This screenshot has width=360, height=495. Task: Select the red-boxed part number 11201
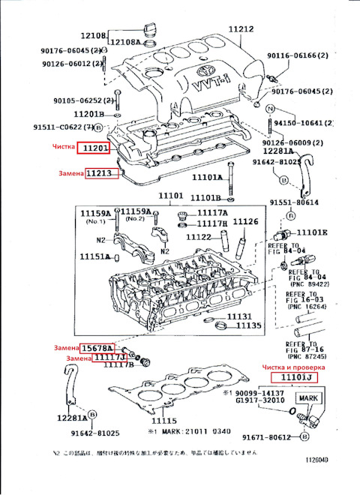click(x=97, y=149)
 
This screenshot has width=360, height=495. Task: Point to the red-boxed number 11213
click(x=97, y=174)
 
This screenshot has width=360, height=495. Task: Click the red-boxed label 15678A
click(x=97, y=349)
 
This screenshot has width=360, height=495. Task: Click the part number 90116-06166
click(x=299, y=55)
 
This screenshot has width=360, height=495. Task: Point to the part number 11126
click(x=245, y=221)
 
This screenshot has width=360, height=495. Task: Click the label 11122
click(x=199, y=237)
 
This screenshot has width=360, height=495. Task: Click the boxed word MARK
click(x=309, y=398)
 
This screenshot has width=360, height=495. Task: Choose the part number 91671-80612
click(x=267, y=437)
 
